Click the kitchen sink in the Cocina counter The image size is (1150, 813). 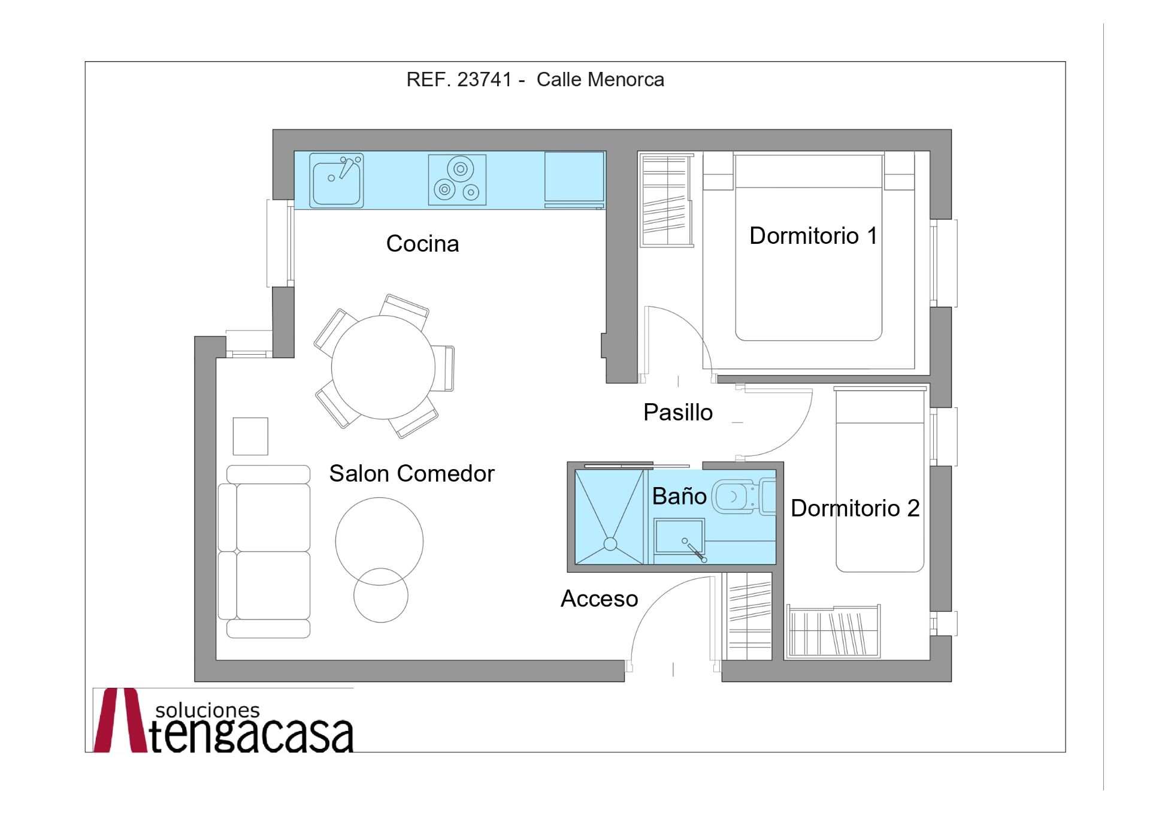[336, 180]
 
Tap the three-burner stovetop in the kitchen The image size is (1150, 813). [457, 180]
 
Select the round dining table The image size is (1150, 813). [383, 367]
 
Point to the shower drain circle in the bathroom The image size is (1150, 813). [610, 544]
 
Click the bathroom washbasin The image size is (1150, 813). [679, 537]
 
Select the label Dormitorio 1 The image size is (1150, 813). [813, 236]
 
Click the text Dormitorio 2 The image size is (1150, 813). [855, 508]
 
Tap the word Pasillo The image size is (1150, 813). [677, 413]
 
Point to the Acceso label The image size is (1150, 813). [599, 599]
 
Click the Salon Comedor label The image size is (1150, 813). [411, 474]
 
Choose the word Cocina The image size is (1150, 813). [422, 244]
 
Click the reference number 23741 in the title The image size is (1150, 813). [485, 80]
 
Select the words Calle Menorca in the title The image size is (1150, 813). [600, 80]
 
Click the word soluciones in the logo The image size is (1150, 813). [207, 711]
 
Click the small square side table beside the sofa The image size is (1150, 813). [250, 436]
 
